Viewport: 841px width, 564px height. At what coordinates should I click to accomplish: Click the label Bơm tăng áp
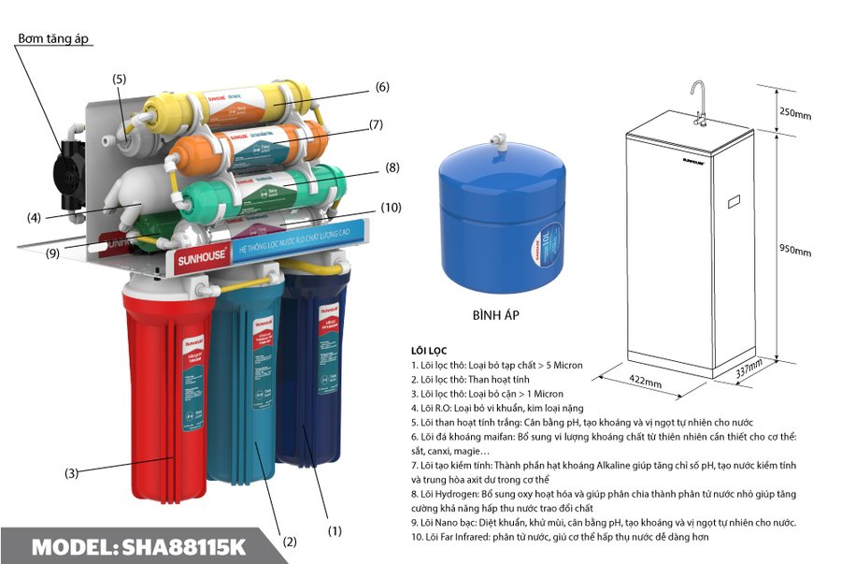point(57,38)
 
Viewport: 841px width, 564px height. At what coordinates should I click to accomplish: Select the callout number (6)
point(381,87)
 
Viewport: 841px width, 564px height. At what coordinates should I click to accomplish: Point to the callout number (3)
point(71,473)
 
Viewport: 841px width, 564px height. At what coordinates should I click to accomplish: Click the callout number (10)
point(391,207)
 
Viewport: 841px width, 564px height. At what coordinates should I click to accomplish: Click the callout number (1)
point(333,529)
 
